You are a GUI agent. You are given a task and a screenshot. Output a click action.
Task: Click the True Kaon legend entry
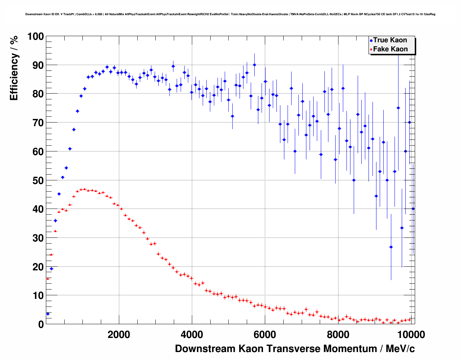point(390,40)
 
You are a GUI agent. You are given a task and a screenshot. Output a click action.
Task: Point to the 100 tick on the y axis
point(35,37)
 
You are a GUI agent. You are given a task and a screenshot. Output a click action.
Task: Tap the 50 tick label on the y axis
point(35,180)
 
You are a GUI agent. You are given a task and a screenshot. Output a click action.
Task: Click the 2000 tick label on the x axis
point(119,335)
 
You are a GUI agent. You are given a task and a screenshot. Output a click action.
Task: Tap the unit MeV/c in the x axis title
point(400,349)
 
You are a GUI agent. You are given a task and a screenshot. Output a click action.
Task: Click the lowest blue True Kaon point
point(48,314)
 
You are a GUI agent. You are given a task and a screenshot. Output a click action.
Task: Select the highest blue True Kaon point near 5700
point(254,65)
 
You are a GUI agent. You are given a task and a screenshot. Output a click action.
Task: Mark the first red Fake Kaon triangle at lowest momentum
point(48,279)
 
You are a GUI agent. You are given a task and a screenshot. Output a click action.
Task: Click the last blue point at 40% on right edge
point(413,209)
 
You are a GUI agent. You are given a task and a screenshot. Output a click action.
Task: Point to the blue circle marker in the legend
point(371,40)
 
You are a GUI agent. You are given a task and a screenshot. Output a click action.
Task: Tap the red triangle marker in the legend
point(371,50)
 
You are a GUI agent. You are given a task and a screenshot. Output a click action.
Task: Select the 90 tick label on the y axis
point(35,65)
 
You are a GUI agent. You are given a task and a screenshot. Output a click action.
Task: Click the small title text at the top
point(230,14)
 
